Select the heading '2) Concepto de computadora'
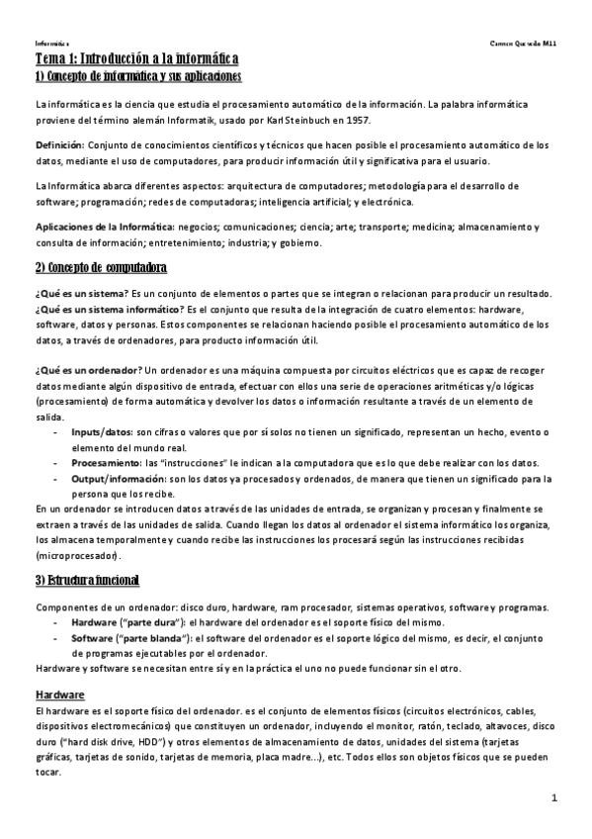pyautogui.click(x=101, y=268)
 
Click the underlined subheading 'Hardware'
pyautogui.click(x=59, y=696)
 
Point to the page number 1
pyautogui.click(x=555, y=797)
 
